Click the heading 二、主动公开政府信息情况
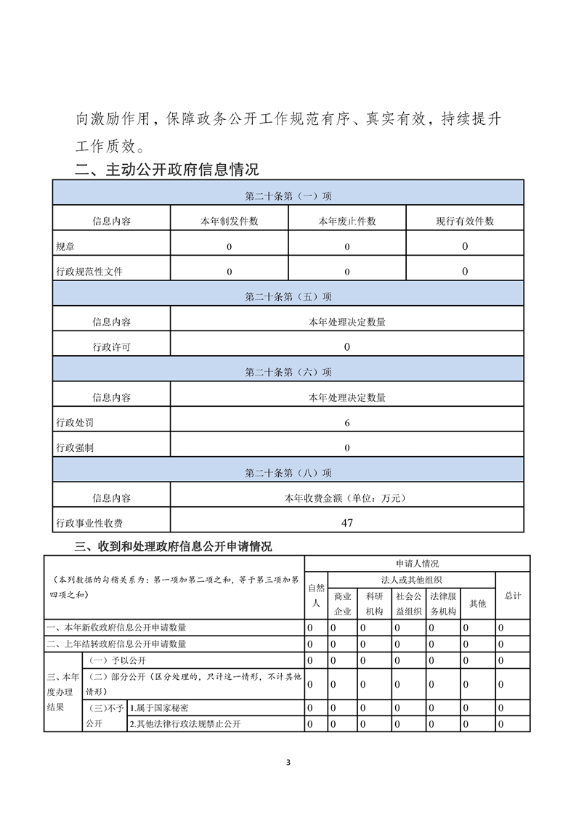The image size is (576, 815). (167, 170)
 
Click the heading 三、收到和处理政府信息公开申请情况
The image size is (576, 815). (174, 546)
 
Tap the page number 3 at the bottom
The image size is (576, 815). (288, 762)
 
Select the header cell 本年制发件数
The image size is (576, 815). (229, 221)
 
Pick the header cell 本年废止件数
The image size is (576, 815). (347, 221)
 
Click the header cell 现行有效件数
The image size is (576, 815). (465, 221)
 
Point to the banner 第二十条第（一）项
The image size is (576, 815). (288, 195)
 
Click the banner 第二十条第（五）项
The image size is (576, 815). (288, 296)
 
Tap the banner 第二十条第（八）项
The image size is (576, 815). (288, 472)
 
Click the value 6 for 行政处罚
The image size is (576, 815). (347, 422)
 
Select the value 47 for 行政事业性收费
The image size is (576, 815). (347, 522)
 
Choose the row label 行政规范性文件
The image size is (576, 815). (89, 272)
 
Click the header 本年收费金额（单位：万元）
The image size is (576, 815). (347, 498)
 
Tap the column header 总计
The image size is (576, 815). (513, 595)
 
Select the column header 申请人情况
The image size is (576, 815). (417, 563)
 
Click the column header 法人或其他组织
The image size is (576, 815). (412, 579)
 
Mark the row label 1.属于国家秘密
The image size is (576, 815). (163, 707)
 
